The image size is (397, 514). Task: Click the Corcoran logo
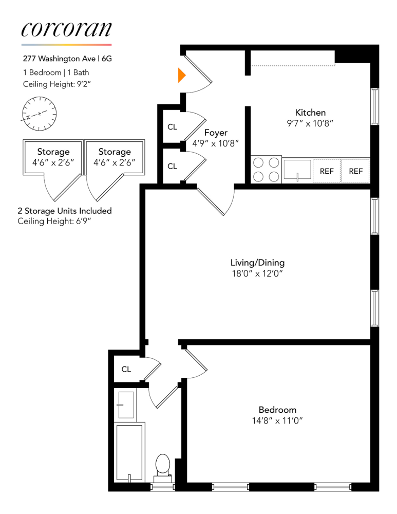coord(66,29)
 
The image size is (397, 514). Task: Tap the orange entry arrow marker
coord(181,75)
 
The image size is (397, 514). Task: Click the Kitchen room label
coord(310,113)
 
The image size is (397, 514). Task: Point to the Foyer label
coord(216,133)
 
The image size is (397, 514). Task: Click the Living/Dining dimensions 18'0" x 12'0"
coord(257,274)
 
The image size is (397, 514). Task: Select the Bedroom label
coord(277,410)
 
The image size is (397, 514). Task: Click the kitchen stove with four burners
coord(266,170)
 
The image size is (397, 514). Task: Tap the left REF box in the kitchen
coord(327,171)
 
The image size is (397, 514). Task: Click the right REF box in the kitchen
coord(356,171)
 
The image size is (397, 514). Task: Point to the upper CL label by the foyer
coord(172,127)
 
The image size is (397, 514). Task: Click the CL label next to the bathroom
coord(126,369)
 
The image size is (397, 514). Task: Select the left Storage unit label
coord(53,152)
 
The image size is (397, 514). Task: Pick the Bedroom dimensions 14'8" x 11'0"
coord(277,421)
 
